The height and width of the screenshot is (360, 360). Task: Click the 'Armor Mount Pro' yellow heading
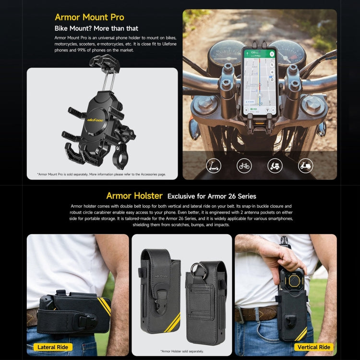(89, 17)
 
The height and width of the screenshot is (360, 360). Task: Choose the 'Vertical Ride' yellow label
(313, 347)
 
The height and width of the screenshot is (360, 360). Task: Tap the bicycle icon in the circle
(244, 166)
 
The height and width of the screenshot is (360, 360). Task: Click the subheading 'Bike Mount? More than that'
(96, 29)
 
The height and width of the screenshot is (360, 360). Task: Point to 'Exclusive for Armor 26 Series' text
(212, 196)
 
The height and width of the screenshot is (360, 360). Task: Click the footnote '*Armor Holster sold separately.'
(182, 351)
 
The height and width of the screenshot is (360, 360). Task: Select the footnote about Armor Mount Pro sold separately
(101, 174)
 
